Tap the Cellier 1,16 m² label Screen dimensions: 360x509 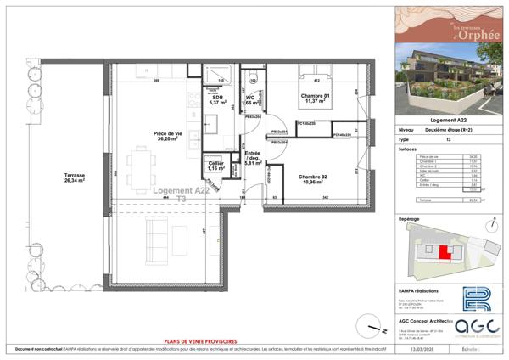click(216, 166)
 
